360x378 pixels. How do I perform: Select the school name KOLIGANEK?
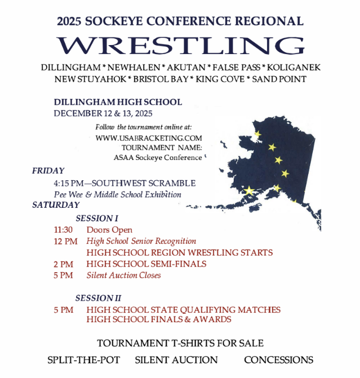click(x=294, y=67)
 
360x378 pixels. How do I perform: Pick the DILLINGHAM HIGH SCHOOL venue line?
click(x=118, y=102)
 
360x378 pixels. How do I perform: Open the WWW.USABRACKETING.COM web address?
click(x=149, y=137)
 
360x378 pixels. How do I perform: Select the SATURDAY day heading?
click(x=56, y=205)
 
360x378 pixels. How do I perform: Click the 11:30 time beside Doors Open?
click(x=64, y=230)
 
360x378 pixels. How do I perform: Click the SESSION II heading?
click(x=99, y=298)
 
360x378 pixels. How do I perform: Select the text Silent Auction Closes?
click(x=123, y=275)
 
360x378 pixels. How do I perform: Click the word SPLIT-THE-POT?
click(x=83, y=359)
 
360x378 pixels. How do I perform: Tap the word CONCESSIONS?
click(x=278, y=359)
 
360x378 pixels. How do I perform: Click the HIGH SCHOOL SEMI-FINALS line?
click(x=146, y=264)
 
